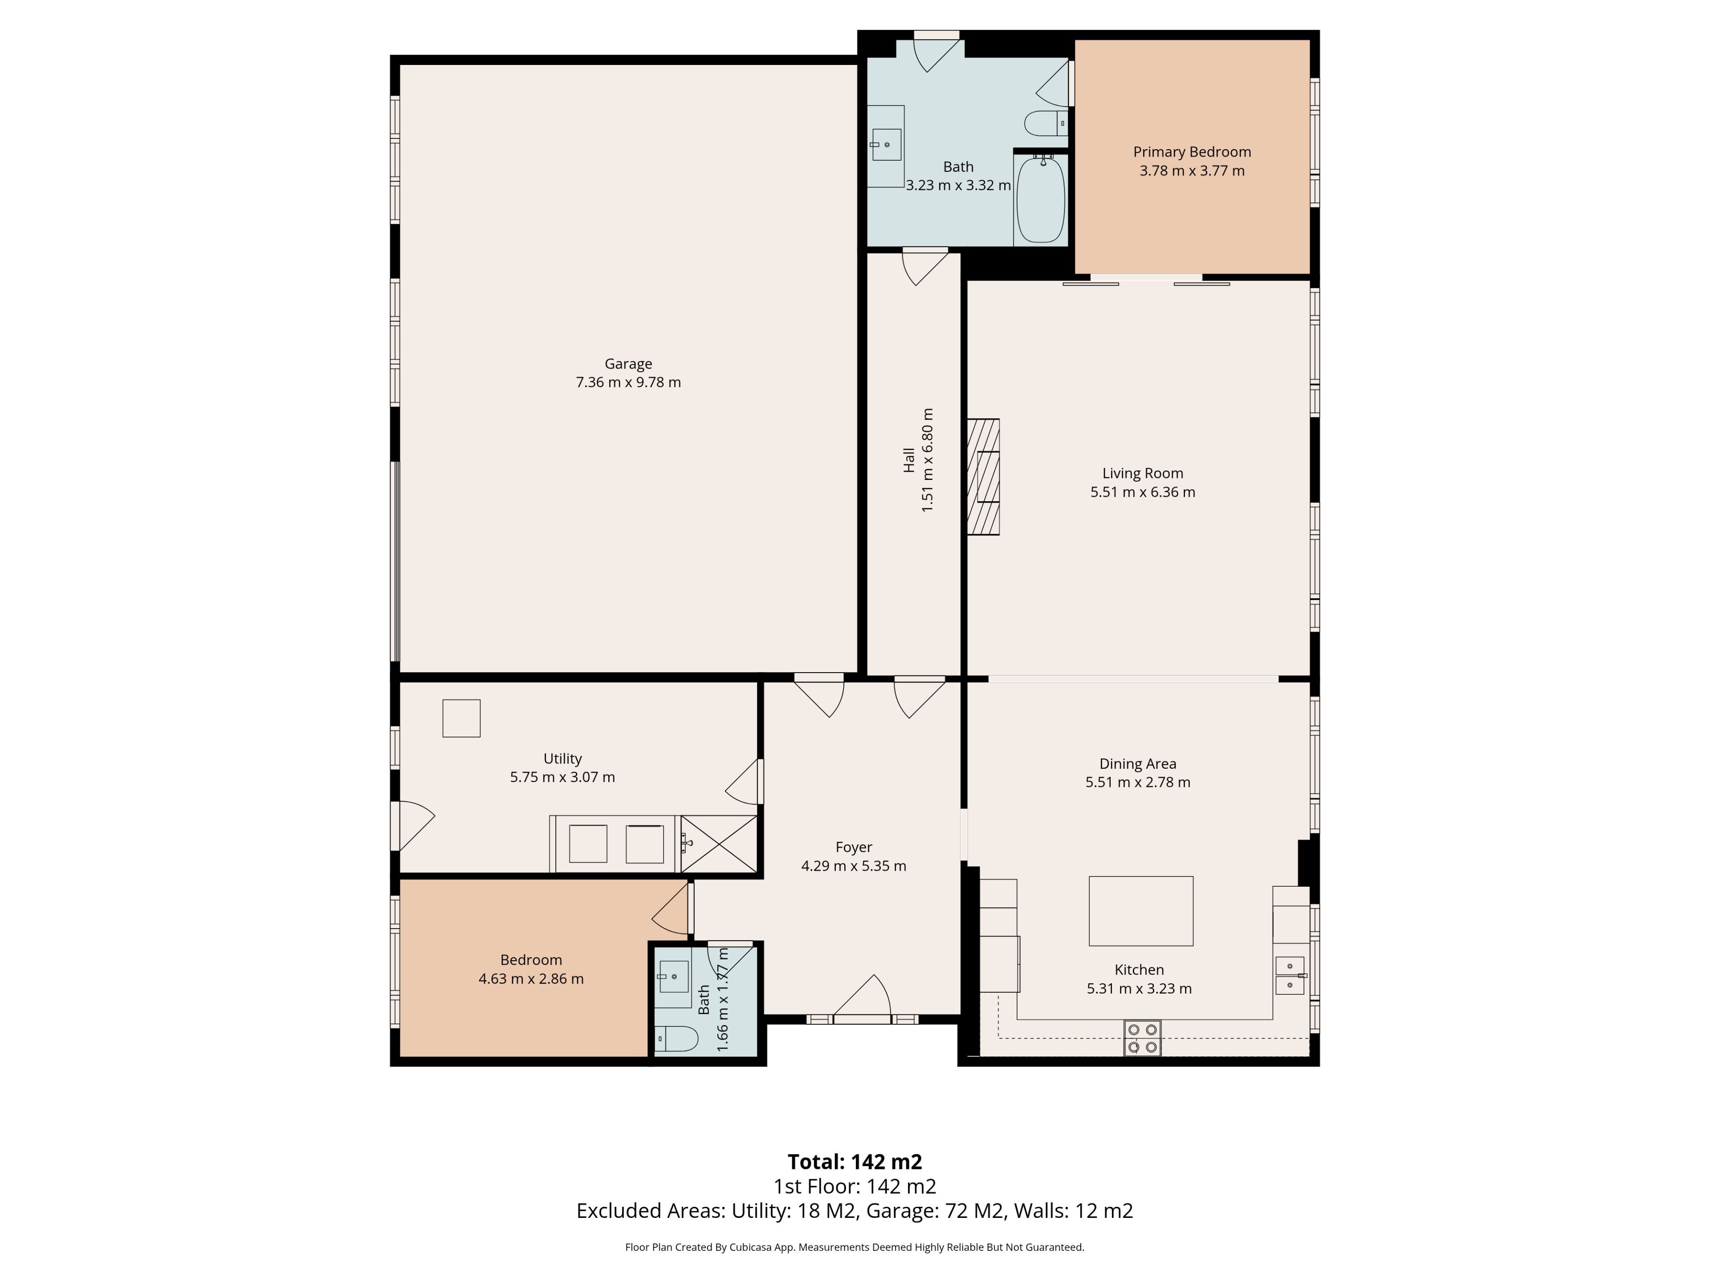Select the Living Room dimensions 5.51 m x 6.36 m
pos(1143,492)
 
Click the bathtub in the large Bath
pos(1041,199)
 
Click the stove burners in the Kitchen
pos(1143,1038)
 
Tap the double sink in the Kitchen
pos(1290,975)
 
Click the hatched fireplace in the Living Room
pos(983,477)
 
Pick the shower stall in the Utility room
pos(719,844)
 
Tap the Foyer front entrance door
pos(862,1001)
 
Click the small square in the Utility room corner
pos(461,718)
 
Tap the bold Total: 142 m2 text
pos(855,1161)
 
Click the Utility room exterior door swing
pos(414,826)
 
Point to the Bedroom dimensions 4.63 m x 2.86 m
pos(531,979)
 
